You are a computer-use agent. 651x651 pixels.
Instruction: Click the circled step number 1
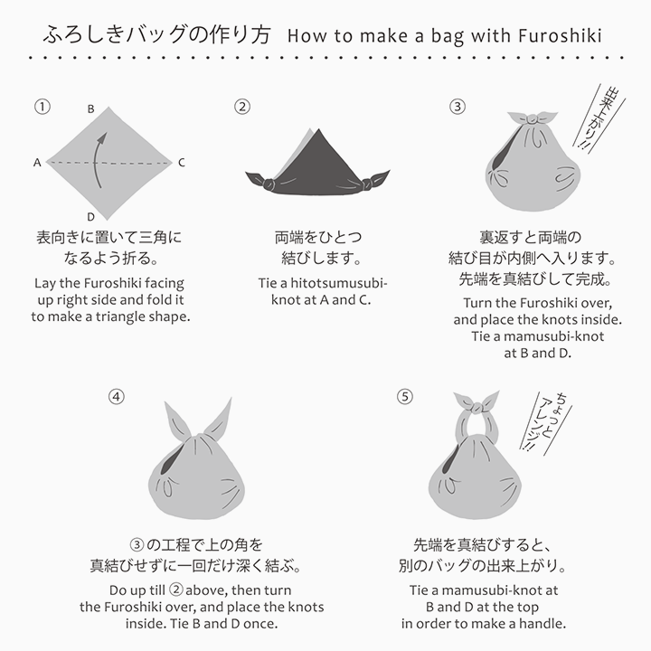point(41,106)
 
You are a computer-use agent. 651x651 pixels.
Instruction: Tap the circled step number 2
point(242,106)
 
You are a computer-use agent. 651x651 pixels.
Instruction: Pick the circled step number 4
point(116,396)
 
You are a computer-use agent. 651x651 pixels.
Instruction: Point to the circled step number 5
point(404,396)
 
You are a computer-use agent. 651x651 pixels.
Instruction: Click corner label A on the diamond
point(37,163)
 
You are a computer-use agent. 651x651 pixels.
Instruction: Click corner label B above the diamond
point(90,108)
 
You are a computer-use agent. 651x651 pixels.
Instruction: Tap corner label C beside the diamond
point(182,163)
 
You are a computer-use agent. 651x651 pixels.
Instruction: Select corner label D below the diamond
point(90,217)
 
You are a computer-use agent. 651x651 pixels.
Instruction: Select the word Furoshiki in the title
point(561,36)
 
